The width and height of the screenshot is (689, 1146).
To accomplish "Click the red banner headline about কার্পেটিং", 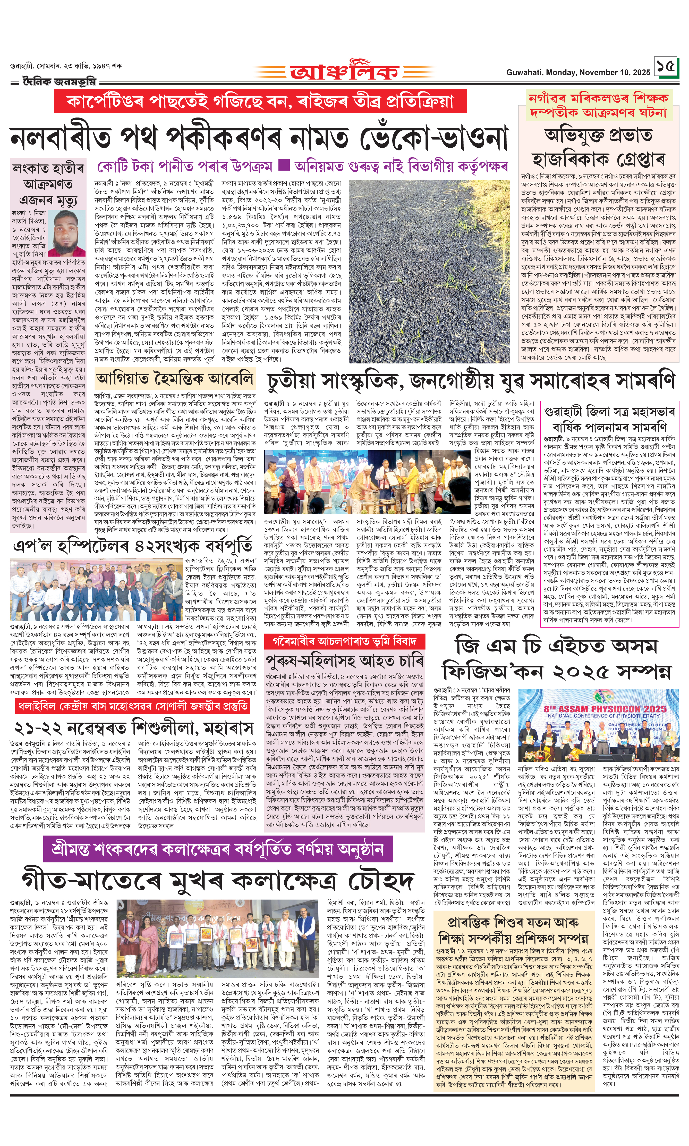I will pyautogui.click(x=260, y=101).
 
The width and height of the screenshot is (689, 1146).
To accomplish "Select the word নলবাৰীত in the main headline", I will pyautogui.click(x=60, y=138).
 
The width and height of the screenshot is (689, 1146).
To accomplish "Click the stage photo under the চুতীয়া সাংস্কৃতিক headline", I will pyautogui.click(x=355, y=481).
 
